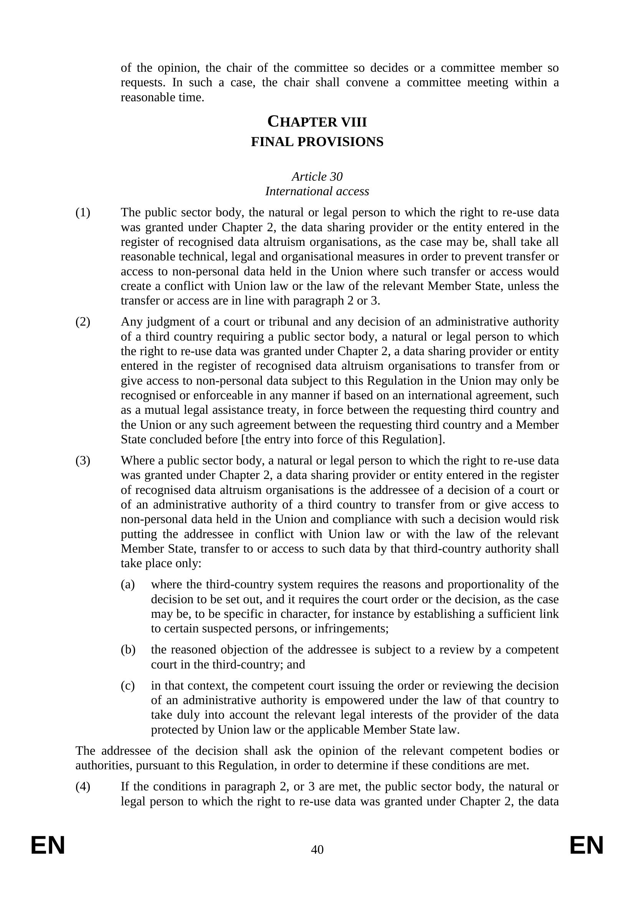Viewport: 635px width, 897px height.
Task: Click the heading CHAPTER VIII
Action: [317, 122]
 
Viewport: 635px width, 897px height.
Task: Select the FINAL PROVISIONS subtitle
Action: [317, 142]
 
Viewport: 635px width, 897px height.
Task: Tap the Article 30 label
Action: [317, 176]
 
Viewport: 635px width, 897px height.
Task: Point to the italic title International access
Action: [317, 191]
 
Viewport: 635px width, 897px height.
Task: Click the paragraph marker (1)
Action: [83, 212]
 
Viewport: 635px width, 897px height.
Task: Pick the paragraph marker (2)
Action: [83, 322]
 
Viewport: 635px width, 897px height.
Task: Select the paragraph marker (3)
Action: [83, 461]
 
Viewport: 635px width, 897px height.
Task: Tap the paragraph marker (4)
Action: [83, 787]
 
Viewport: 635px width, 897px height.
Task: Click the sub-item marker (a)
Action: [128, 584]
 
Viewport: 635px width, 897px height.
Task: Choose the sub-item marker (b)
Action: [128, 650]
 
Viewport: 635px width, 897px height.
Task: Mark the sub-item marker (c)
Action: [128, 686]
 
